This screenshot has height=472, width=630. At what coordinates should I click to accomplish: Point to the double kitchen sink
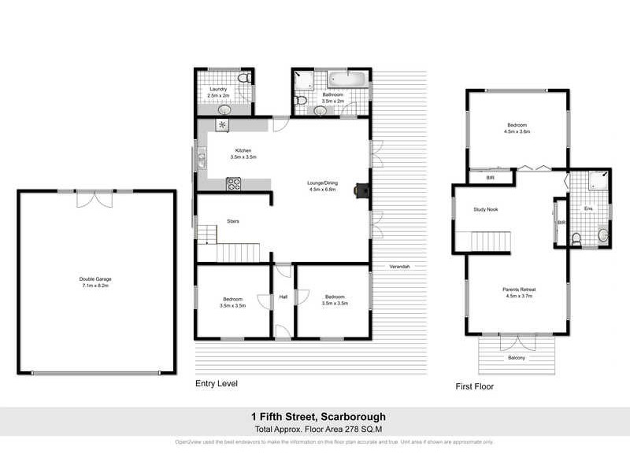click(x=202, y=161)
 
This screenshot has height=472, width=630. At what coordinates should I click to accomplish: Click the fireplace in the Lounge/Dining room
click(x=361, y=190)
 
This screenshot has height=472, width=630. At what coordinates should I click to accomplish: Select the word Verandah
click(x=401, y=267)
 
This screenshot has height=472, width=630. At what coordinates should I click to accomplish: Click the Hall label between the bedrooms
click(x=283, y=297)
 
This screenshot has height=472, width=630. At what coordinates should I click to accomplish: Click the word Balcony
click(x=517, y=358)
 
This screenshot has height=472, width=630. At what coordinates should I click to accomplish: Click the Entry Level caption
click(x=217, y=384)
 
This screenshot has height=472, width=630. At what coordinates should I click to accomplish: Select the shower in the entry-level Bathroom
click(x=302, y=80)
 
